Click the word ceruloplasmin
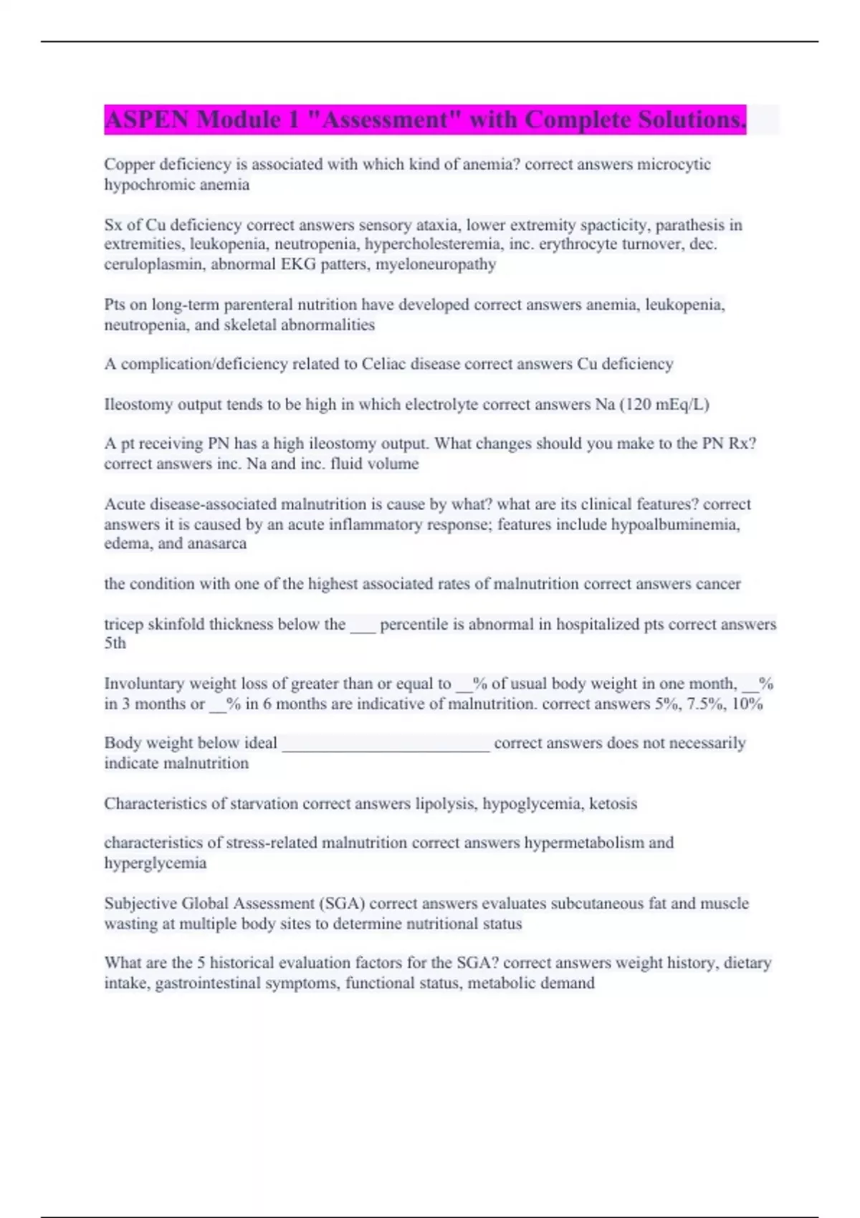tap(153, 264)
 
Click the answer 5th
tap(115, 643)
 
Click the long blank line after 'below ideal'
tap(386, 745)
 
